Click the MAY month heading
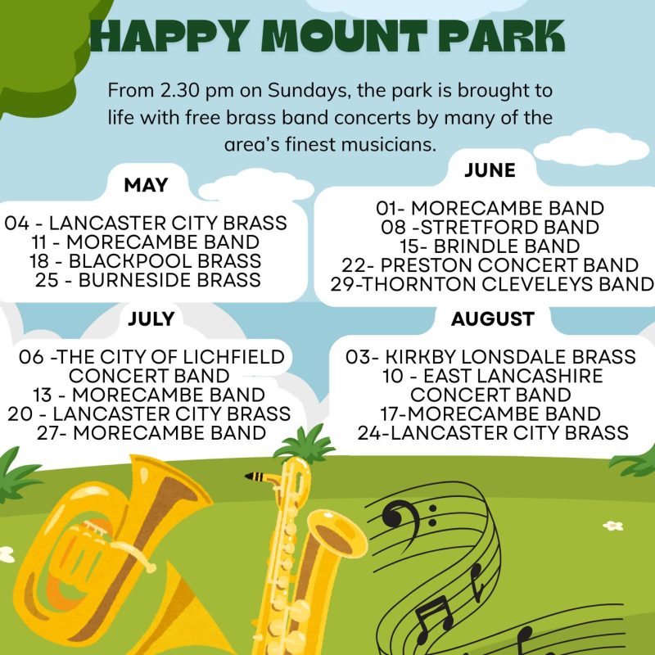pyautogui.click(x=146, y=185)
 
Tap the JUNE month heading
pyautogui.click(x=490, y=170)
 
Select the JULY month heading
pyautogui.click(x=151, y=319)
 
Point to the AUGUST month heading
pyautogui.click(x=493, y=319)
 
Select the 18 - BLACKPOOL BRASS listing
pyautogui.click(x=146, y=261)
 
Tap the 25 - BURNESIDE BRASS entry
pyautogui.click(x=148, y=280)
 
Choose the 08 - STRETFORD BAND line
pyautogui.click(x=490, y=228)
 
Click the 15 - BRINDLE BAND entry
pyautogui.click(x=490, y=246)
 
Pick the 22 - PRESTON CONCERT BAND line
pyautogui.click(x=490, y=264)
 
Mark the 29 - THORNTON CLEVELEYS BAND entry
pyautogui.click(x=492, y=284)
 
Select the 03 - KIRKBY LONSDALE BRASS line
pyautogui.click(x=490, y=357)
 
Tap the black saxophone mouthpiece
pyautogui.click(x=255, y=477)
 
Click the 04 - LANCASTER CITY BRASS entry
pyautogui.click(x=146, y=223)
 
